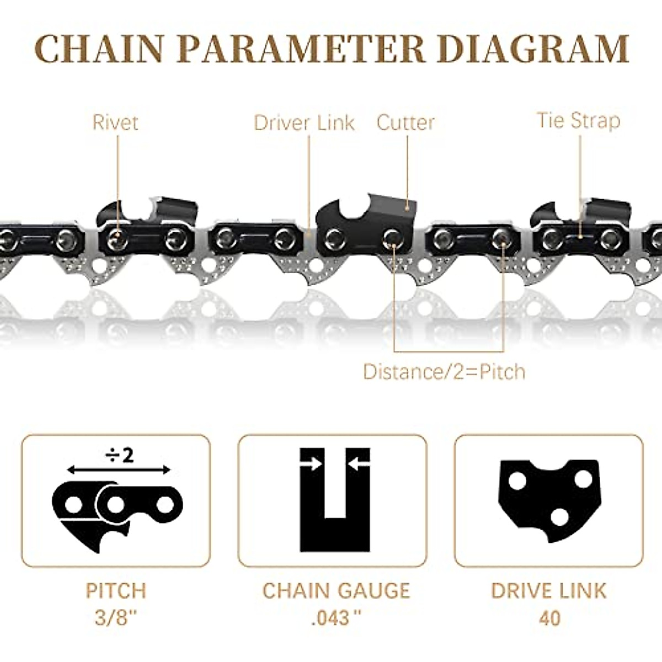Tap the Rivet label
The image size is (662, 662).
click(115, 122)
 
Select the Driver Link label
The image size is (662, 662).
click(304, 122)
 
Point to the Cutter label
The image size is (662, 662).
click(405, 122)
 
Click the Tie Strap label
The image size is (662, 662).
click(579, 120)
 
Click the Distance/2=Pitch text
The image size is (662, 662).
click(444, 371)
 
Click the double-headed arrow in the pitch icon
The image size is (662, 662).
click(119, 470)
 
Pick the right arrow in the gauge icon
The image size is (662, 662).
click(359, 465)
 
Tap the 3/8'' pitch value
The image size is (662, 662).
click(115, 617)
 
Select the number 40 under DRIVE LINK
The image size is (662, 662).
click(548, 617)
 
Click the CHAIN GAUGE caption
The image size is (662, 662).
click(336, 591)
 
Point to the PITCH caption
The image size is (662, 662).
click(115, 591)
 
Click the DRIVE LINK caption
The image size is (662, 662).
click(548, 591)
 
